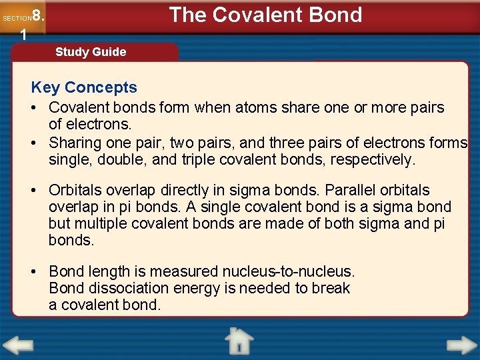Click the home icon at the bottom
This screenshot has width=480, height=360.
239,341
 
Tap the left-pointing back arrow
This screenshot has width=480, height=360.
18,345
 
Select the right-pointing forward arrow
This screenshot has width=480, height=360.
461,345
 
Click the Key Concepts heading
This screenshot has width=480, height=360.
84,87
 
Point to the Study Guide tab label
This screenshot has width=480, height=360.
91,52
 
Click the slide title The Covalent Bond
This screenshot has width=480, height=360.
265,15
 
